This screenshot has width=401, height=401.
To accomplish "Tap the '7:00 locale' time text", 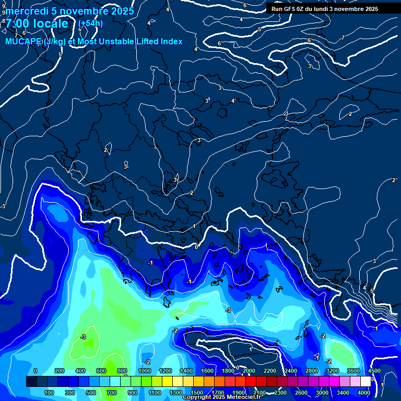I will pos(37,23).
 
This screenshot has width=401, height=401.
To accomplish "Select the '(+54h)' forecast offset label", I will pos(90,23).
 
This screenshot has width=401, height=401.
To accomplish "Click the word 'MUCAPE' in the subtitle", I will pos(20,41).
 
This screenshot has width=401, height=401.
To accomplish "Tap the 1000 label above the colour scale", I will pos(144,371).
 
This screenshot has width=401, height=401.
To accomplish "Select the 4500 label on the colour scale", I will pos(374,371).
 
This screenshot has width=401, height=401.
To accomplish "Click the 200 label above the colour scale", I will pos(60,371).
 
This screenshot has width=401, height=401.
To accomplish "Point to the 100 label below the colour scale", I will pos(49,393).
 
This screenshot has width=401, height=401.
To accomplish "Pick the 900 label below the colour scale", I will pos(132,393).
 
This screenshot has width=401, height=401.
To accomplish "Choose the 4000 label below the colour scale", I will pos(364,393).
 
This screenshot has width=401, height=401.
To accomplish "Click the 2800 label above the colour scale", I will pos(312,371).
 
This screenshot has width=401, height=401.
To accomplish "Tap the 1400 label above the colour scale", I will pos(186,371).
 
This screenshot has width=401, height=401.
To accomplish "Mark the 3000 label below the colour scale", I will pos(322,393).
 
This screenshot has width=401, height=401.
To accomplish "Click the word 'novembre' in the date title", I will pos(84,11).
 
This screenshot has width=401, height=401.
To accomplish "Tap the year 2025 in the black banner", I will pos(369,9).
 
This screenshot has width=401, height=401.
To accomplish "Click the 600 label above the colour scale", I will pos(101,371).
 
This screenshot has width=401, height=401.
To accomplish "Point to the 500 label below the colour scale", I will pos(91,393).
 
